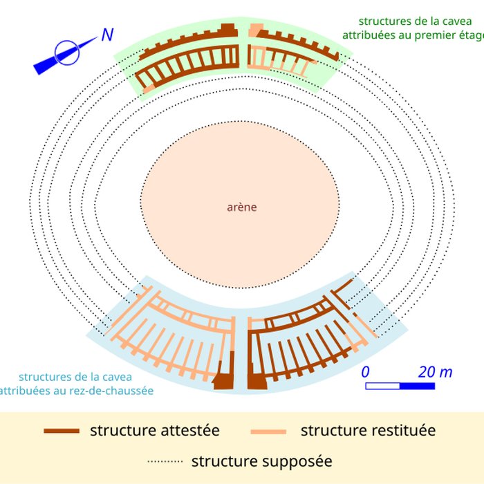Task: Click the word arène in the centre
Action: [x=241, y=207]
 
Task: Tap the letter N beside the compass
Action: [x=107, y=35]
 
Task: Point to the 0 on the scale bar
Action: [x=366, y=371]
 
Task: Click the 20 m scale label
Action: [x=435, y=371]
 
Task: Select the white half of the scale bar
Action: [x=382, y=386]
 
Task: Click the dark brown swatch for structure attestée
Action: [x=62, y=431]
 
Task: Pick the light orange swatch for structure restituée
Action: [x=269, y=431]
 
